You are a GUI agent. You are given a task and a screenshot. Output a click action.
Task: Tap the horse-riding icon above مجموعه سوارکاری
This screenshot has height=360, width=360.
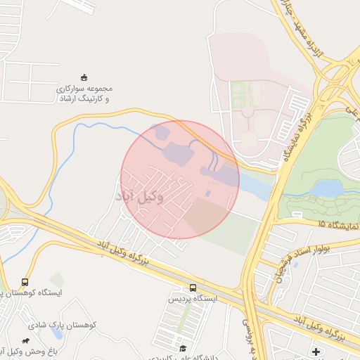pos(84,77)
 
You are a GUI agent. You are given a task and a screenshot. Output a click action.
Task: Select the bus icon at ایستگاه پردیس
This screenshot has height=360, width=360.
pos(193,288)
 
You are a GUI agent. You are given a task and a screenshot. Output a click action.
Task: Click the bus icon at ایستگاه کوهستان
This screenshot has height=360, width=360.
pos(25,282)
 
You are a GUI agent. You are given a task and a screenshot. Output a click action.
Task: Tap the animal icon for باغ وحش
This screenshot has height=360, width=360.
pos(26,341)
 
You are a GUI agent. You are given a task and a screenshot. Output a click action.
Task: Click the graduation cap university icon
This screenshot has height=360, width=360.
pos(183,348)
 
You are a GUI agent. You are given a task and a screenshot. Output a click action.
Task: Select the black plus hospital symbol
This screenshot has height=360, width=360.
pos(316,351)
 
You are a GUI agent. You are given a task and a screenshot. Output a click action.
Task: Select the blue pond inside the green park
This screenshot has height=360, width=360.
pos(326,188)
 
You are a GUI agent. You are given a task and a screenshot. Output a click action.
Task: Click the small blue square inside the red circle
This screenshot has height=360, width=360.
pos(207,193)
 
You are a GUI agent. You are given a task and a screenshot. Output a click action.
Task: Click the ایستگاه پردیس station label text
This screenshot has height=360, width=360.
pos(193,299)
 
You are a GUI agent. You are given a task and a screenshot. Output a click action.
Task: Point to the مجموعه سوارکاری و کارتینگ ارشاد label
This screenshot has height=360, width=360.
pos(84,94)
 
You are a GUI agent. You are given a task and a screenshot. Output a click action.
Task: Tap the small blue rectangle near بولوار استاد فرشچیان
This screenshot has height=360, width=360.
pos(295,266)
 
